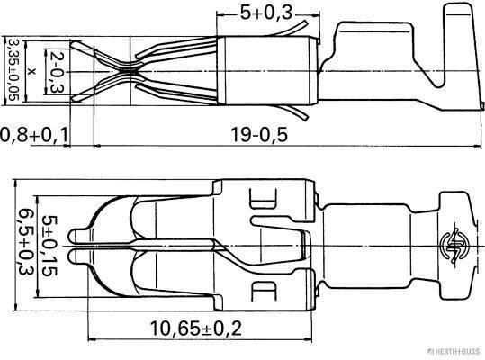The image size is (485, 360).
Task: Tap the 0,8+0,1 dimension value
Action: click(x=33, y=135)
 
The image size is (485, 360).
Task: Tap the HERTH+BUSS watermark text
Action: click(x=454, y=354)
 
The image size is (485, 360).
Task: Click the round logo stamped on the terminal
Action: click(x=452, y=243)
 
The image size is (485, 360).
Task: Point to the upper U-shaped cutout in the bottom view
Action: click(x=265, y=202)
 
